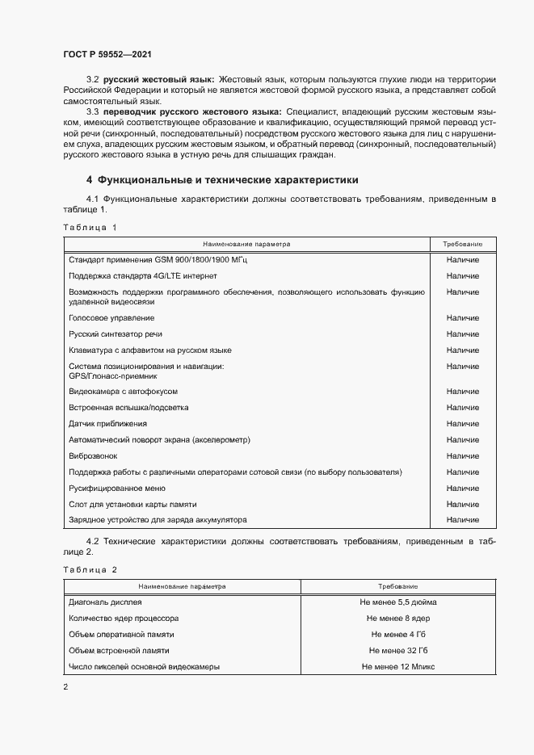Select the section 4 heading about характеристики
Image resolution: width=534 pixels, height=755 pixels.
222,180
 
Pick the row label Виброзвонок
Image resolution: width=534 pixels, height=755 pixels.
93,456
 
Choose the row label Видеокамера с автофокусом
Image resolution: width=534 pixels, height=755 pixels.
123,392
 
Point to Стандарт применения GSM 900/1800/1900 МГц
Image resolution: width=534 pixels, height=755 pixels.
158,260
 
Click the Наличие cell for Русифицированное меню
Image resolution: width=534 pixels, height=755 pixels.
462,489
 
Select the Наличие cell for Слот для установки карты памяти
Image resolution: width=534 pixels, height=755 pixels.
462,505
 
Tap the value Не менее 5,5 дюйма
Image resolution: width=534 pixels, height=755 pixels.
398,602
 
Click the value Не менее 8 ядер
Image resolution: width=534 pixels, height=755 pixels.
398,619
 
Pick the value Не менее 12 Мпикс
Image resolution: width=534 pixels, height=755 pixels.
398,667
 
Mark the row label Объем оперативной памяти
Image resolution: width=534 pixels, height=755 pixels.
122,635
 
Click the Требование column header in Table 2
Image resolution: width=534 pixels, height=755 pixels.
398,585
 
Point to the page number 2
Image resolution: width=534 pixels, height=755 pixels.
65,687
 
